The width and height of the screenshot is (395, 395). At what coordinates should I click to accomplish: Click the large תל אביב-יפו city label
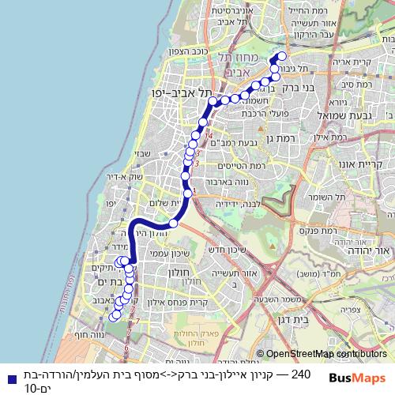click(173, 92)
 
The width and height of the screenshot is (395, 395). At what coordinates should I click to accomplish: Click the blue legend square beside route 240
click(7, 378)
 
